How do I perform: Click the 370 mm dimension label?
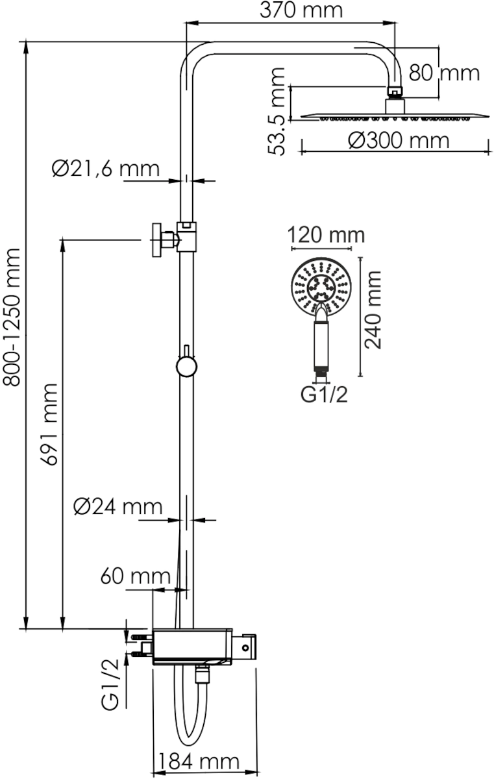pos(301,10)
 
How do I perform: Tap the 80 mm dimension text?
pos(444,73)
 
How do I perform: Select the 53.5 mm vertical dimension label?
pos(277,111)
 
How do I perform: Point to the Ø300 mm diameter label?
pos(399,140)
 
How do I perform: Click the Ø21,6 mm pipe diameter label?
pos(106,169)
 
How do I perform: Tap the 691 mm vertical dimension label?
pos(48,425)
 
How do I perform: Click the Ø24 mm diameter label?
pos(118,507)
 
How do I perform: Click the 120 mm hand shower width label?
pos(326,235)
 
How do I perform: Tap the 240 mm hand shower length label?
pos(373,310)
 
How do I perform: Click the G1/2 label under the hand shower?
pos(324,395)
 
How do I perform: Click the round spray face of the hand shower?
pos(321,287)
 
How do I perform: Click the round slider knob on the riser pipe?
pos(186,367)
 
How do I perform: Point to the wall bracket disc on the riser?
pos(156,240)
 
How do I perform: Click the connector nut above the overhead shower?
pos(395,92)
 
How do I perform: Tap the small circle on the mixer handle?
pos(246,648)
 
